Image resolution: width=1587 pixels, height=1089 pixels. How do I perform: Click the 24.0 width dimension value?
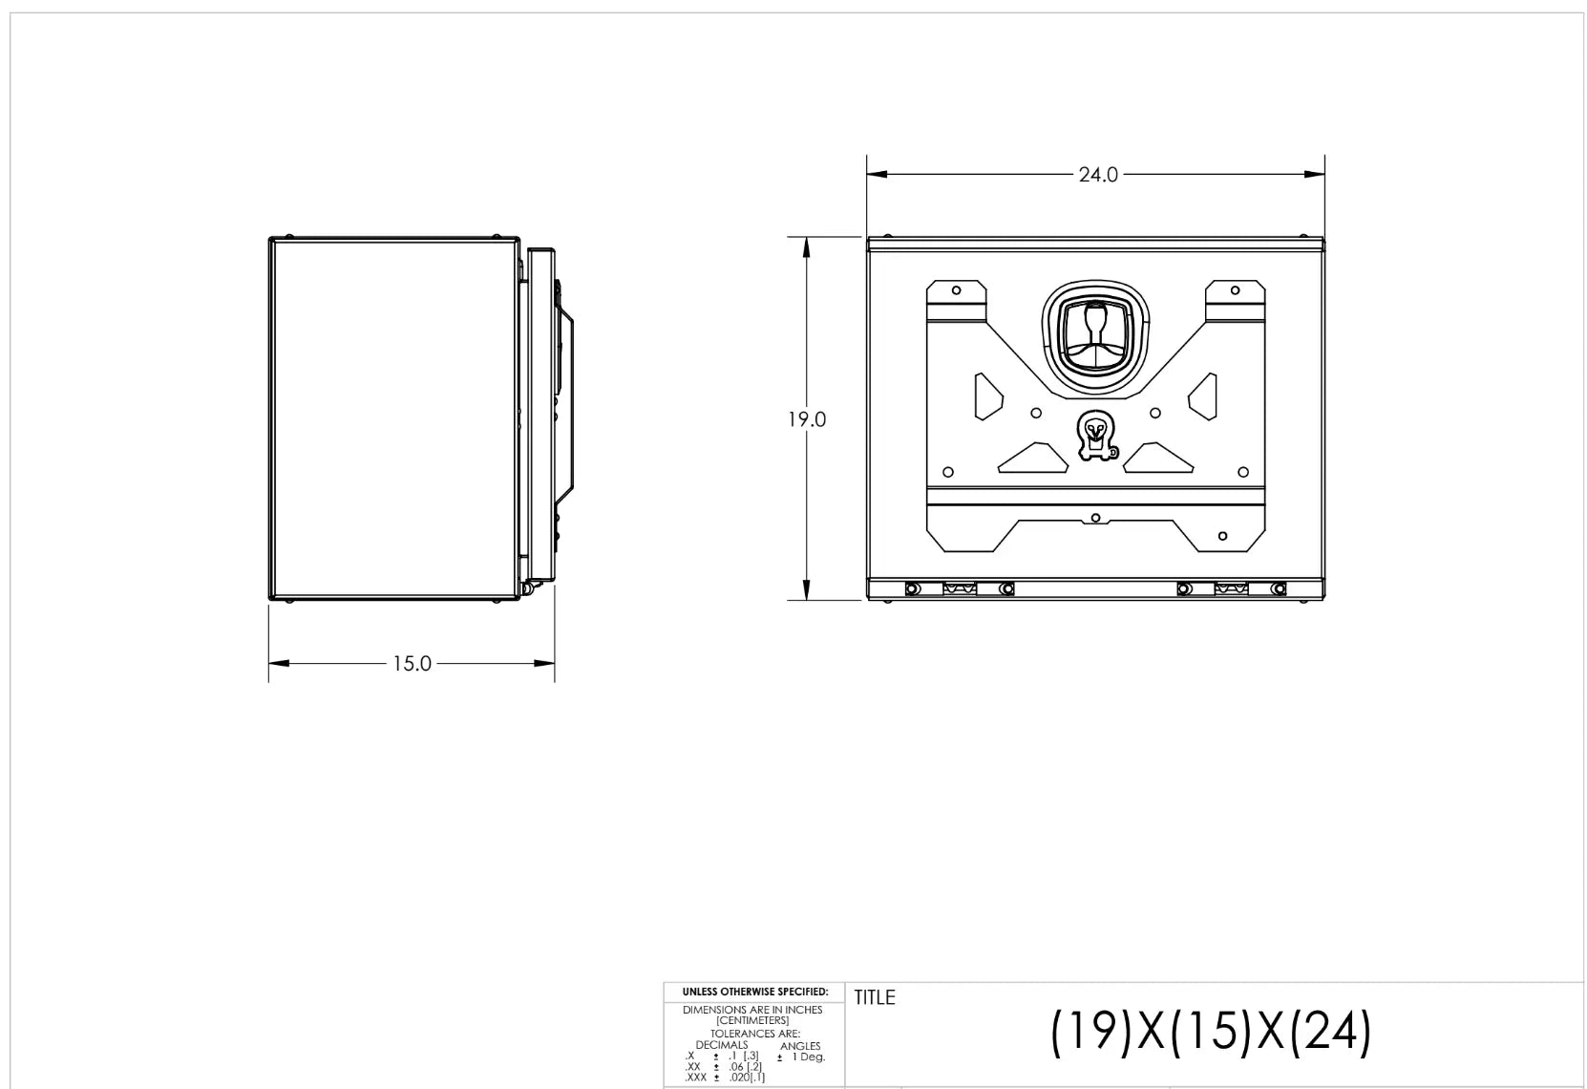(1097, 175)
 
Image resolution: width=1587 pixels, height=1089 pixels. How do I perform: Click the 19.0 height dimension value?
(807, 419)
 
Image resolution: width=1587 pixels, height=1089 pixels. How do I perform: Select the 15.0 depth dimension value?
(412, 663)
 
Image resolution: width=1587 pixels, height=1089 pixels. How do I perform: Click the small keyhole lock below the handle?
(1096, 435)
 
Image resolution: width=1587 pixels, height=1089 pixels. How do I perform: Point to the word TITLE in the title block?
(875, 997)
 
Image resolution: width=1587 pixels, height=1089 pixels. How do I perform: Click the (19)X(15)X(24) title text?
(1211, 1033)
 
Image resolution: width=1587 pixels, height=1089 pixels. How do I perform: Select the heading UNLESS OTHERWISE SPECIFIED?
(754, 993)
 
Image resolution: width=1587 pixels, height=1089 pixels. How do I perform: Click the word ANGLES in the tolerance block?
(800, 1046)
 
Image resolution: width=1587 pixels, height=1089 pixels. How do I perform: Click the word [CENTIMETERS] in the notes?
(752, 1020)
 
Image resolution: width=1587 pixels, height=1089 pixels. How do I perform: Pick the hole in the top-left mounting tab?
(956, 289)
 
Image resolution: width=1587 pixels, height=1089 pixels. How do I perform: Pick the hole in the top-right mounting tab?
(1235, 289)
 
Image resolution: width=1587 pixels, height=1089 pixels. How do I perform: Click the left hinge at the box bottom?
(960, 589)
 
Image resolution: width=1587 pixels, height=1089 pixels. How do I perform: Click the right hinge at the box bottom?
(1231, 589)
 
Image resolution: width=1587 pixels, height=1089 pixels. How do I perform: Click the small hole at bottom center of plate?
(1096, 518)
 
